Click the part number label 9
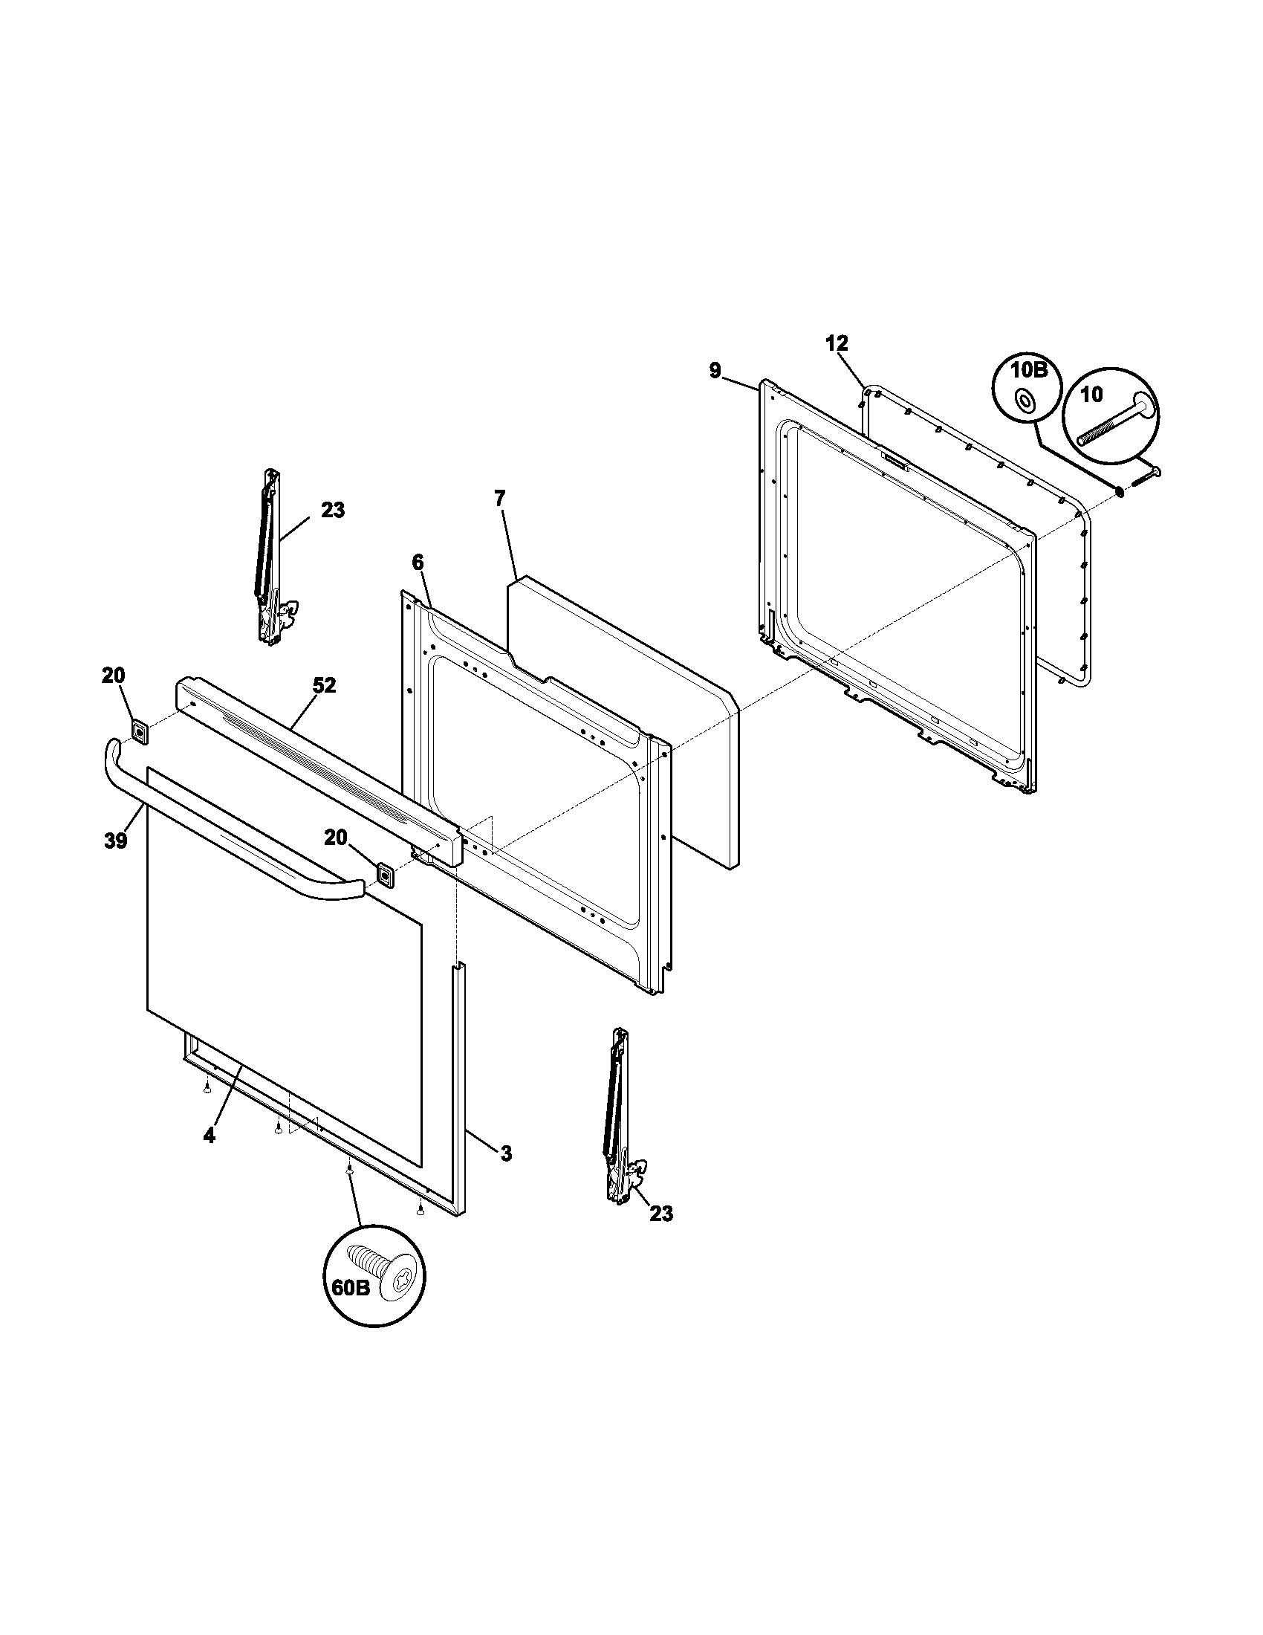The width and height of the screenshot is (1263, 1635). (715, 371)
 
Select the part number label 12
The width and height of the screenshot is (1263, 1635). (837, 343)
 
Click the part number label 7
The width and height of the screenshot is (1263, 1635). (500, 498)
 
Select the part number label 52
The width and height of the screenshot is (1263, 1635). (324, 686)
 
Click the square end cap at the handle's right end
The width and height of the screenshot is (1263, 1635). (385, 874)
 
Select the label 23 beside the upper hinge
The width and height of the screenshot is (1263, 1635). (333, 511)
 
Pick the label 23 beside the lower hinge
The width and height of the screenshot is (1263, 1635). (660, 1213)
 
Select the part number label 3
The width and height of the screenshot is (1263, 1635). (506, 1153)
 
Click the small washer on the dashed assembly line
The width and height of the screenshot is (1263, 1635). (1120, 491)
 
